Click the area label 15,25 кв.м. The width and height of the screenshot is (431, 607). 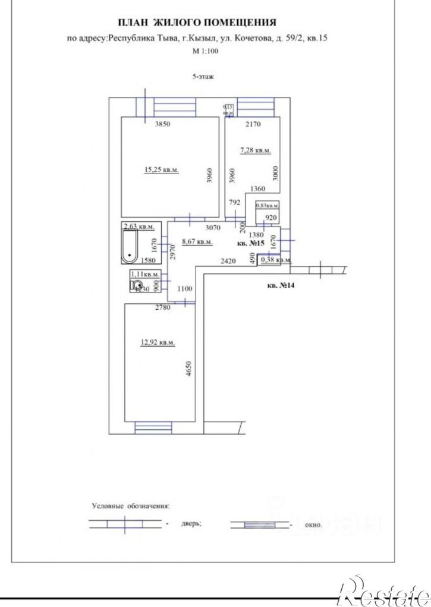click(162, 170)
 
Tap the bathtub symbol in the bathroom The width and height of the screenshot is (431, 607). click(130, 249)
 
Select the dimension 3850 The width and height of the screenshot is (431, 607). click(163, 125)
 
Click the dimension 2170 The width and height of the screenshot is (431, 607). click(254, 125)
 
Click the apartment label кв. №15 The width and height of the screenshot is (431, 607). click(250, 244)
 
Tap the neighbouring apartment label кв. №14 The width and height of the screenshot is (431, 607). click(281, 287)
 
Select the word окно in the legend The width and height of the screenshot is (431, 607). click(312, 525)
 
